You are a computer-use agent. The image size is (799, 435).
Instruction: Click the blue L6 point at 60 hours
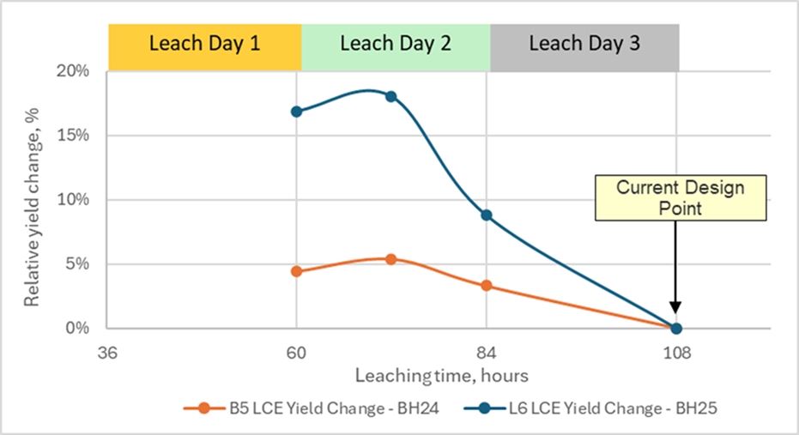297,112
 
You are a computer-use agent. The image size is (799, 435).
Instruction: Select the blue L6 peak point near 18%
391,96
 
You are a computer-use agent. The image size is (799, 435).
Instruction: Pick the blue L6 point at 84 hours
487,215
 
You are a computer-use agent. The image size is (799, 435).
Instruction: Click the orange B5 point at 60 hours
297,271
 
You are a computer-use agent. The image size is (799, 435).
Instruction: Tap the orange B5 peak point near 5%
391,259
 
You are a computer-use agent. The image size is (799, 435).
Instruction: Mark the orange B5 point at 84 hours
487,286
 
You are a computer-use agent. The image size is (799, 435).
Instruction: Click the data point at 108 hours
676,328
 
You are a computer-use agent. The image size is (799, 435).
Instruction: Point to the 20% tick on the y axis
76,71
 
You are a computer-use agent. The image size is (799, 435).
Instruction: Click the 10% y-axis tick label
76,200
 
